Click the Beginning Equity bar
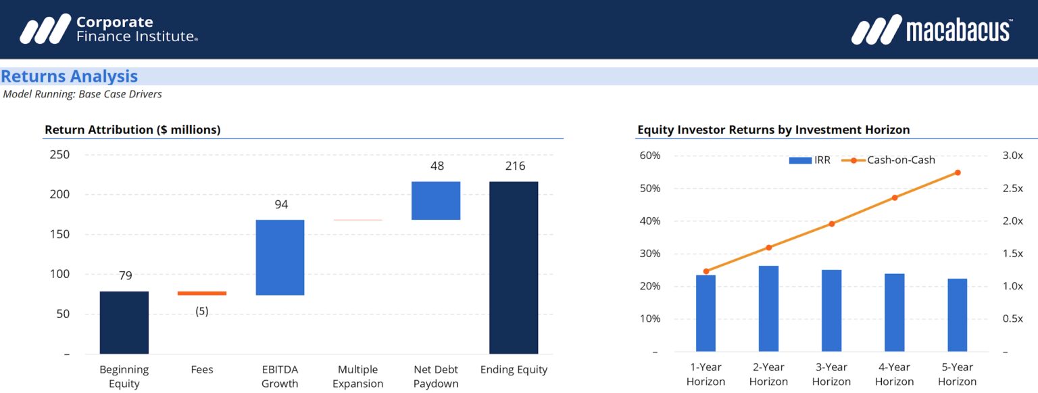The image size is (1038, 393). pyautogui.click(x=124, y=323)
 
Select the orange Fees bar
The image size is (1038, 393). pyautogui.click(x=202, y=293)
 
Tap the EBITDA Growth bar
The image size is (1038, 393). pyautogui.click(x=280, y=258)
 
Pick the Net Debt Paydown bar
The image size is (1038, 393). pyautogui.click(x=436, y=200)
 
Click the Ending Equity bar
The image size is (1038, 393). pyautogui.click(x=514, y=268)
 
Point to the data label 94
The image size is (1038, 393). pyautogui.click(x=281, y=204)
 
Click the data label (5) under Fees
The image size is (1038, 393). pyautogui.click(x=202, y=312)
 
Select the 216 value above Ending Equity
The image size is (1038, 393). pyautogui.click(x=515, y=166)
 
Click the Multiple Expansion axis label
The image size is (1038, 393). pyautogui.click(x=357, y=376)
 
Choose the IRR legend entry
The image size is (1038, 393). pyautogui.click(x=810, y=160)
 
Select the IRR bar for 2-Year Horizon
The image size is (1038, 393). pyautogui.click(x=768, y=308)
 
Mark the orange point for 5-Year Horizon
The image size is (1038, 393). pyautogui.click(x=958, y=172)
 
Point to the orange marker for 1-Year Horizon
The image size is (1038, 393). pyautogui.click(x=706, y=271)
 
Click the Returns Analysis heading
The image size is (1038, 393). pyautogui.click(x=70, y=76)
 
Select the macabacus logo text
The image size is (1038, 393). pyautogui.click(x=958, y=30)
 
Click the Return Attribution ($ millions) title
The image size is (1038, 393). pyautogui.click(x=132, y=130)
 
